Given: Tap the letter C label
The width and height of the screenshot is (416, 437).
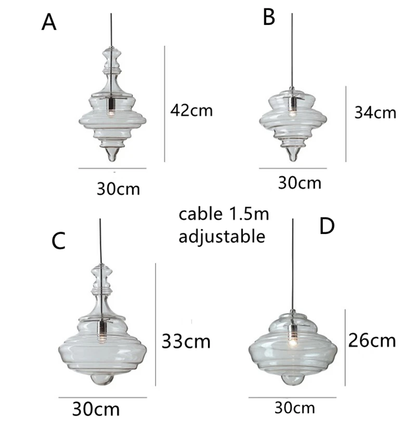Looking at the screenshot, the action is pyautogui.click(x=59, y=240).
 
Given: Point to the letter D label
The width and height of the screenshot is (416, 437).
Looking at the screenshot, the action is pyautogui.click(x=326, y=227).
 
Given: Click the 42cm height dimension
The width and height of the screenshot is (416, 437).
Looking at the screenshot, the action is pyautogui.click(x=191, y=110).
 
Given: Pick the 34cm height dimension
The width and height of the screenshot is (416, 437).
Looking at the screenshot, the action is pyautogui.click(x=375, y=112).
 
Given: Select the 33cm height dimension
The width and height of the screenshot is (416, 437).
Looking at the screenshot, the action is pyautogui.click(x=186, y=341).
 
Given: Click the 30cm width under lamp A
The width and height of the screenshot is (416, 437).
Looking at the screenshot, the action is pyautogui.click(x=119, y=188).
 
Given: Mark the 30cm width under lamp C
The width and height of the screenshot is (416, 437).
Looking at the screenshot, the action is pyautogui.click(x=96, y=409).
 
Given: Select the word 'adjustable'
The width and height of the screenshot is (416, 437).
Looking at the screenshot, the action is pyautogui.click(x=222, y=237).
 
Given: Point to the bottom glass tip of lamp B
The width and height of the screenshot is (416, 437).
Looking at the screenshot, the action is pyautogui.click(x=293, y=155).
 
